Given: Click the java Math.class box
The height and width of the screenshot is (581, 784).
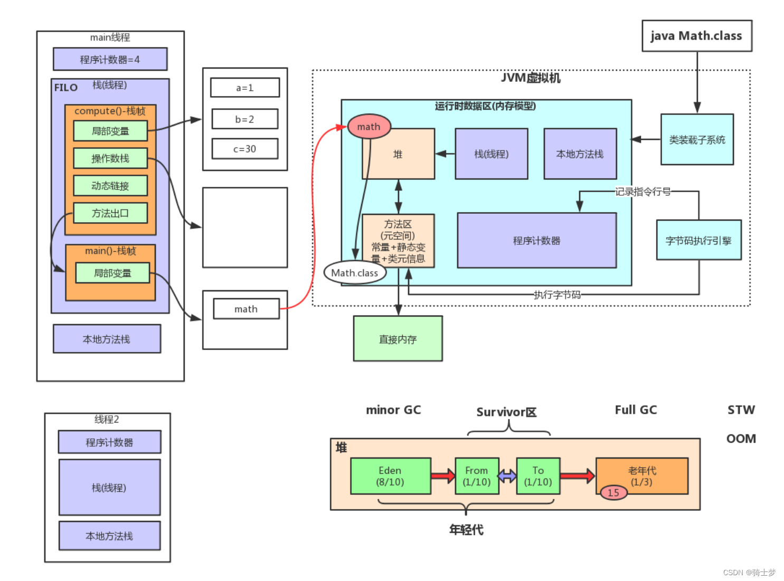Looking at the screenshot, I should tap(696, 36).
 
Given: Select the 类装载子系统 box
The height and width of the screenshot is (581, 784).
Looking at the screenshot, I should tap(697, 139).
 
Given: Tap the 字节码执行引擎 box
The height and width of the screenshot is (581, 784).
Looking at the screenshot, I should tap(698, 241).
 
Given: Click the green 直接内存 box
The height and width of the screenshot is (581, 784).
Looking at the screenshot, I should tap(398, 339).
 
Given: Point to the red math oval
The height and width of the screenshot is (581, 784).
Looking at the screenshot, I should tap(369, 127).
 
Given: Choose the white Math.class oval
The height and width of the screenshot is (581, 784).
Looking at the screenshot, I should tap(355, 273).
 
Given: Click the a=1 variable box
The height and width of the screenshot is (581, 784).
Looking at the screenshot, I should tap(244, 88).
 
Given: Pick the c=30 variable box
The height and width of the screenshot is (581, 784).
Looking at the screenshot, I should tap(244, 149).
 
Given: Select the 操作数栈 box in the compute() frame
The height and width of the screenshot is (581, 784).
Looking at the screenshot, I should tap(110, 158).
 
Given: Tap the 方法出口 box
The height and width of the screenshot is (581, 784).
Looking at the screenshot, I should tap(110, 213).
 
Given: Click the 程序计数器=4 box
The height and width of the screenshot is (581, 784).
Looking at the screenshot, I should tap(110, 59).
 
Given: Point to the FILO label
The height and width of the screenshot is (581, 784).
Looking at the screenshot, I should tap(66, 88).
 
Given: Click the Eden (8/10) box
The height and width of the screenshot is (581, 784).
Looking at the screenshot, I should tap(390, 476).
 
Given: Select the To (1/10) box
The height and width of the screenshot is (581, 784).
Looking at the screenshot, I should tap(538, 476).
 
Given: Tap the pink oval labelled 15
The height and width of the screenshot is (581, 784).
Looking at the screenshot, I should tap(613, 492).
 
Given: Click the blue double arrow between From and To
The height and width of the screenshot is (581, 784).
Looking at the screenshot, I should tap(507, 477).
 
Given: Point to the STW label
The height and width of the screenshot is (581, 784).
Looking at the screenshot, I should tap(741, 410).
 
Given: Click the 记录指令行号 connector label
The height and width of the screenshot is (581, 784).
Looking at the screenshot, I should tap(643, 192).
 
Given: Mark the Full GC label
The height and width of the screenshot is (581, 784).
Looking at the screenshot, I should tap(636, 410).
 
